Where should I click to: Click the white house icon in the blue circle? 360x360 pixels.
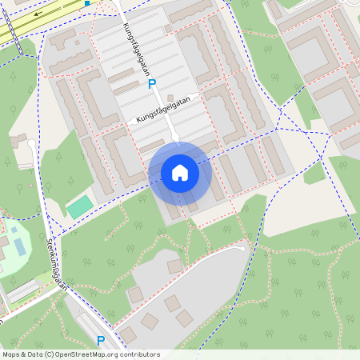180,173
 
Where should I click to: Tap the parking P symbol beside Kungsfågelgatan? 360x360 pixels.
152,84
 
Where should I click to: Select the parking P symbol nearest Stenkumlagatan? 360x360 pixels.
101,341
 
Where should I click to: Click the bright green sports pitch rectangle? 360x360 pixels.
79,207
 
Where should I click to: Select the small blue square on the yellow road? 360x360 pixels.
86,3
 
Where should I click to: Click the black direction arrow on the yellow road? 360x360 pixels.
38,14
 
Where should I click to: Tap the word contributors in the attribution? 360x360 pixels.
135,354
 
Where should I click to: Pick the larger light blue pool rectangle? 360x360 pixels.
19,246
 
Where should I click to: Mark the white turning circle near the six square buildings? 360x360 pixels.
241,249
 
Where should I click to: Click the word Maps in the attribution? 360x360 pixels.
11,354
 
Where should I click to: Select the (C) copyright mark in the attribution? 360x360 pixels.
49,354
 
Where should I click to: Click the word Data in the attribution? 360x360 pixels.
34,354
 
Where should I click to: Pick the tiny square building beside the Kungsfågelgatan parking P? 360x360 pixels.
167,29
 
